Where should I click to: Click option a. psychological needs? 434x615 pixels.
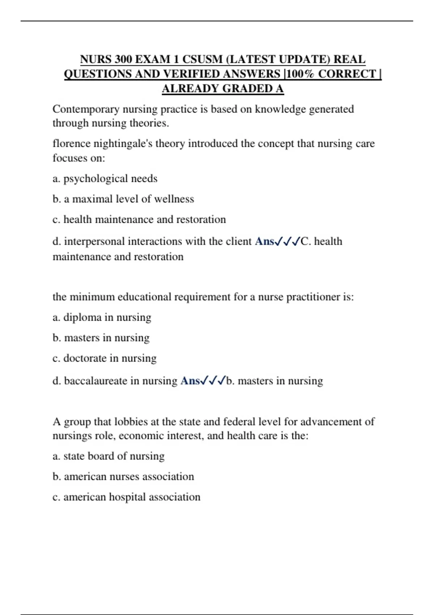[x=105, y=179]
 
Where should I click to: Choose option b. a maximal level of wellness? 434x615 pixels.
[x=123, y=199]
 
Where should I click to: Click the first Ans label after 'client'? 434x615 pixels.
[x=264, y=241]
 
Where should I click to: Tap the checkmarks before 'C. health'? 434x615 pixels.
[x=288, y=241]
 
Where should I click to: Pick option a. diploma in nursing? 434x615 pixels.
[x=102, y=317]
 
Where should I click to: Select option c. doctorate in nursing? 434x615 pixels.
[x=105, y=358]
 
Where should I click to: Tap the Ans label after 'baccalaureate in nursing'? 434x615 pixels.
[x=190, y=381]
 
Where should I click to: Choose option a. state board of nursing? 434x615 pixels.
[x=109, y=456]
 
